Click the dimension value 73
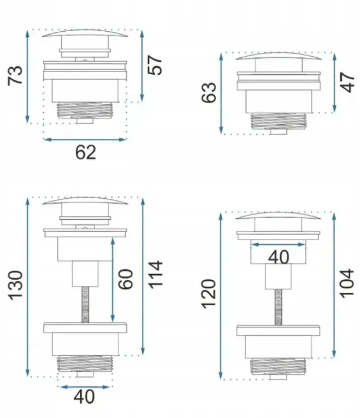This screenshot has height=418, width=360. pos(15,75)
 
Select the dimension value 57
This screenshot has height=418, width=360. pos(155,65)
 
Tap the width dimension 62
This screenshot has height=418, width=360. pos(85,152)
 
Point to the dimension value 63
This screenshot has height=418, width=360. pos(209,92)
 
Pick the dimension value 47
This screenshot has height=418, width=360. pos(348,82)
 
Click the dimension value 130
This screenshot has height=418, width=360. pos(15,285)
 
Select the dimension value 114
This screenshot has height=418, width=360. pos(155,275)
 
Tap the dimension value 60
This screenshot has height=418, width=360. pos(126,279)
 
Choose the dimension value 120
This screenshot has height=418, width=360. pos(208,294)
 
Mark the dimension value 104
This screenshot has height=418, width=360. pos(346,283)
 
